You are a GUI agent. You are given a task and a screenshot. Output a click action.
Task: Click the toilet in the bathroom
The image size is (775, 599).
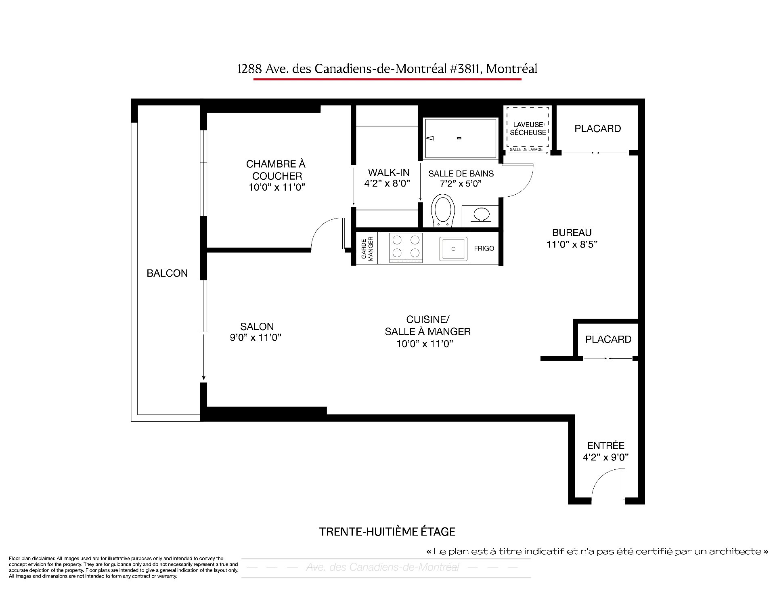coord(443,210)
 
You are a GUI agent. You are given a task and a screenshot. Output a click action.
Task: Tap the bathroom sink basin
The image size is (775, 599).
coord(480,214)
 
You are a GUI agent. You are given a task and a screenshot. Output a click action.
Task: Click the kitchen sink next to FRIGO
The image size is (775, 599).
coord(453,249)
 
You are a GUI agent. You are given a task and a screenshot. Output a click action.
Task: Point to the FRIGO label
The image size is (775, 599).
coord(484,248)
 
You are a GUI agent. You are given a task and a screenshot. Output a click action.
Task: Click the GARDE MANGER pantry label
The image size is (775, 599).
coord(367,248)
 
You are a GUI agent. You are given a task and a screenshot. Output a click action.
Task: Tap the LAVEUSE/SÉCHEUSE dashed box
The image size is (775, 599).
coord(528,128)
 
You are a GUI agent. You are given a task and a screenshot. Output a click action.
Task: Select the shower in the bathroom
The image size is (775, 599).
coord(460,138)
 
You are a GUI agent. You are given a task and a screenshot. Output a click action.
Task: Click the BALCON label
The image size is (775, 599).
coord(167,273)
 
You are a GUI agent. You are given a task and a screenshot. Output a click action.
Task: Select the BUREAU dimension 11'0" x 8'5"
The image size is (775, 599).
coord(572,244)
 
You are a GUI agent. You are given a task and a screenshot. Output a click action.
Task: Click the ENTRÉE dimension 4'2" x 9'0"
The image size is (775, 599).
coord(606,457)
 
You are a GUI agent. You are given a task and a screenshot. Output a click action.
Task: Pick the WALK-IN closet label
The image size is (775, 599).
coord(389,172)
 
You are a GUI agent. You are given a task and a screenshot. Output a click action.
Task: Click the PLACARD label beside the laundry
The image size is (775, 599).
coord(597,128)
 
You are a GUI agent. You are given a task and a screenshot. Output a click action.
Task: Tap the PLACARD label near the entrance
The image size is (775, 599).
coord(608,339)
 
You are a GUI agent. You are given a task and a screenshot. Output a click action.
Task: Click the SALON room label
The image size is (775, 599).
coord(257,326)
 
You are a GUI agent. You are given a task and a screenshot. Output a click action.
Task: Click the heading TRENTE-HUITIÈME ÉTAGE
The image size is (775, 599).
coord(387,532)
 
